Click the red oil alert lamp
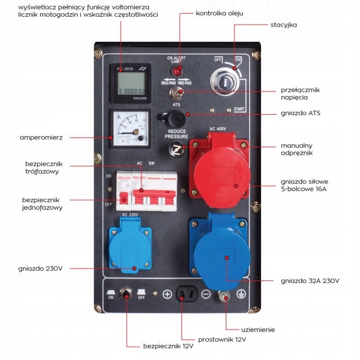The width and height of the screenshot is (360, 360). (x=177, y=71)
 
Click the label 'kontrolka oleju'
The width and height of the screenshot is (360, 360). (x=220, y=13)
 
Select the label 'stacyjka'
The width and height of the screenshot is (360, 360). (x=283, y=25)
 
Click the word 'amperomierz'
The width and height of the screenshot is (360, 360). (x=37, y=137)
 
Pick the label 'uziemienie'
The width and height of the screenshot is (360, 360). (x=258, y=329)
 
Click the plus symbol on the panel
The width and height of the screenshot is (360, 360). (x=167, y=294)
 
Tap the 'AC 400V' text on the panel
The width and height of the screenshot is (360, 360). (x=218, y=129)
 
